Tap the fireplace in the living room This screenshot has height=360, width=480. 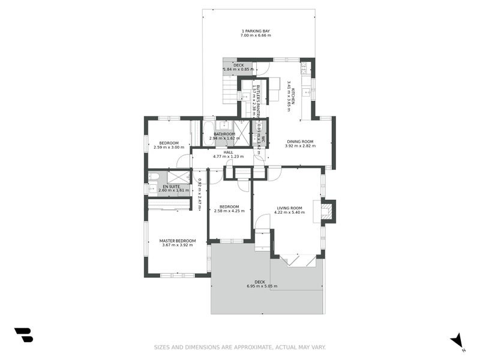(327, 210)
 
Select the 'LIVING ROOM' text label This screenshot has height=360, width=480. (289, 208)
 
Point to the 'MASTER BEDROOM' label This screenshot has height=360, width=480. (178, 241)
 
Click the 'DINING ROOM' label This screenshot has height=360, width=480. (300, 142)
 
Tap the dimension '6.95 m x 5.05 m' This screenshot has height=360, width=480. (262, 286)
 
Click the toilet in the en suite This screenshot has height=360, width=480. (154, 176)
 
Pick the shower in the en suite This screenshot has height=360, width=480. (178, 176)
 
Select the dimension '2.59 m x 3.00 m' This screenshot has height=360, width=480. (169, 147)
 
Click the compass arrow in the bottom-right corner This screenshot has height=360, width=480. (457, 340)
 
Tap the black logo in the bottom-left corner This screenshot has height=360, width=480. (23, 335)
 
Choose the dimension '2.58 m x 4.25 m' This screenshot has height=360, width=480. (229, 211)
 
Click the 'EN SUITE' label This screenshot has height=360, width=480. (171, 187)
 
